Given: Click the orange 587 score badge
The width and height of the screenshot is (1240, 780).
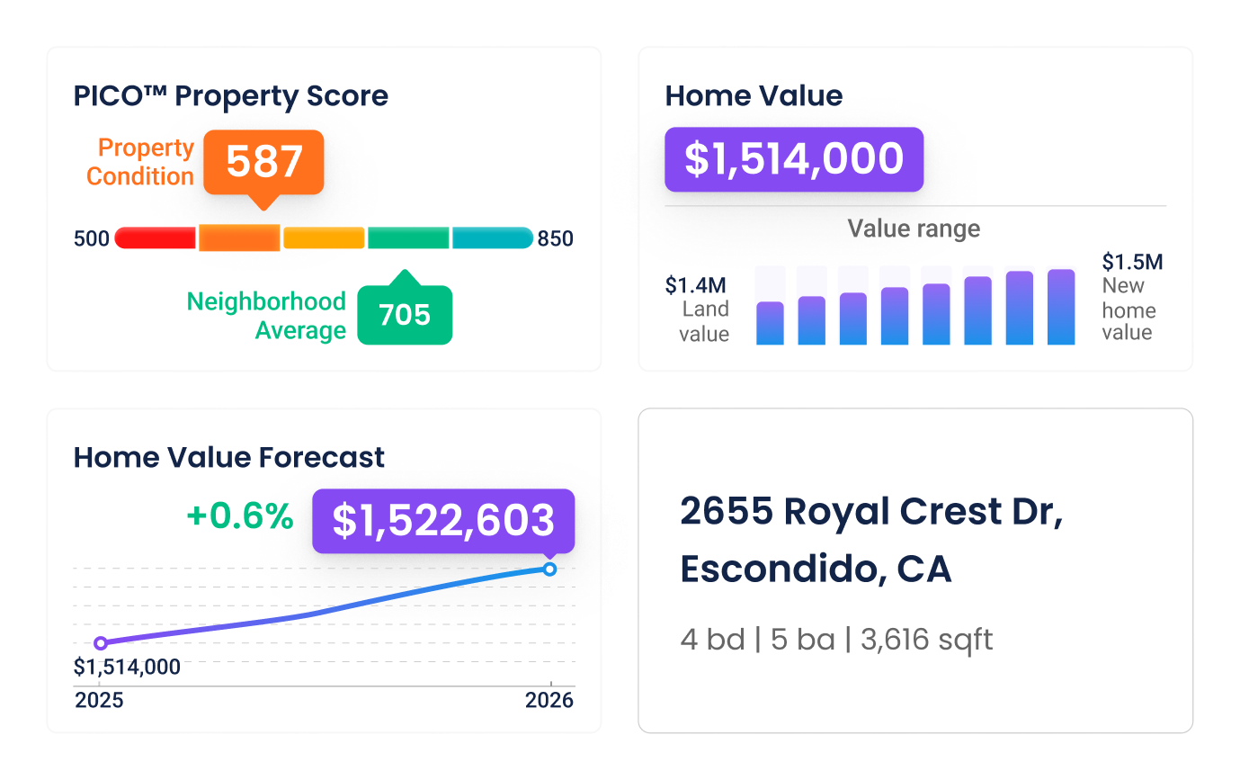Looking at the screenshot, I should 263,163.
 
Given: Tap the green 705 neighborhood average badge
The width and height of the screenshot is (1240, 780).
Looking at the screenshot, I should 405,315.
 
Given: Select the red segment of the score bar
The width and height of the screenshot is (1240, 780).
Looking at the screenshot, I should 156,238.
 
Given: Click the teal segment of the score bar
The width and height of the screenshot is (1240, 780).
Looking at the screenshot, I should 492,238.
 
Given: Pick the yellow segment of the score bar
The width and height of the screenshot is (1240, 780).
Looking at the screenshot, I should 324,238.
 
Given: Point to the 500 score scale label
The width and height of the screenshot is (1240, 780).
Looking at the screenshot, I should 92,239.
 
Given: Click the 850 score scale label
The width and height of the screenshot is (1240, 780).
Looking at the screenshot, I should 555,239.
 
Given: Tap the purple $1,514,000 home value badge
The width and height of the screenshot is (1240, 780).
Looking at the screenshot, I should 793,159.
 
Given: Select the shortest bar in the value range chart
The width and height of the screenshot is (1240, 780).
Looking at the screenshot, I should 770,323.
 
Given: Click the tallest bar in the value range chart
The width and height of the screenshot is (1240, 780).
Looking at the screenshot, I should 1061,307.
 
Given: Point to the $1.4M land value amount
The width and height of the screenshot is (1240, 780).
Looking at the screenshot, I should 696,286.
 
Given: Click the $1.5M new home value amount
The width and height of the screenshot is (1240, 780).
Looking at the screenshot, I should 1132,263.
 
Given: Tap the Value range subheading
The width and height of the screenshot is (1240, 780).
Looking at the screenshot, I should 914,229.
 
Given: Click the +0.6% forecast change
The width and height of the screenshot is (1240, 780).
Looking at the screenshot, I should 239,517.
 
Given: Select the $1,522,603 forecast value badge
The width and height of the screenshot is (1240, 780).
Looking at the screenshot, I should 442,521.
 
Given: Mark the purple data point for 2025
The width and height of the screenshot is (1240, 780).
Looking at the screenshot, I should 101,642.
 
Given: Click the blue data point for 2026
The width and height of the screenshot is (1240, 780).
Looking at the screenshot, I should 550,569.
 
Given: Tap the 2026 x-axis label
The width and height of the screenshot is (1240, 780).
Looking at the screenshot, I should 549,701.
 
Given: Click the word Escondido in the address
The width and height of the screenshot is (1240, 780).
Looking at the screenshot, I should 772,569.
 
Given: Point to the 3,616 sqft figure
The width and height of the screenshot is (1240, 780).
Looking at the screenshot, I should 926,640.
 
